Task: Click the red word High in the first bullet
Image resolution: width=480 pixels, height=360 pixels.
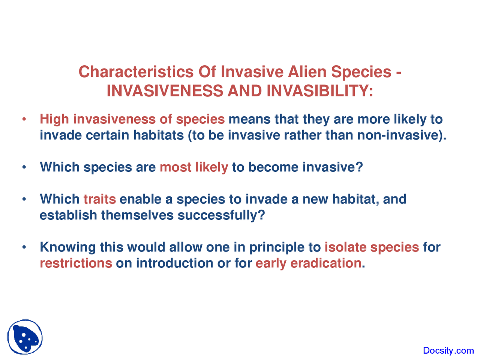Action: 54,119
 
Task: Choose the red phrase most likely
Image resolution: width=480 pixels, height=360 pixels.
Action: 194,167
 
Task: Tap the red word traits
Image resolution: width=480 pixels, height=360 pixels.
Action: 99,199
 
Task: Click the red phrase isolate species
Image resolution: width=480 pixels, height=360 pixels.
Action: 372,247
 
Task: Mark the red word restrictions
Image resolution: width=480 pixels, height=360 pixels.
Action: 76,263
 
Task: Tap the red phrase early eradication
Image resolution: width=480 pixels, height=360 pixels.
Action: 308,263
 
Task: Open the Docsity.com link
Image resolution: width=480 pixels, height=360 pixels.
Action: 448,351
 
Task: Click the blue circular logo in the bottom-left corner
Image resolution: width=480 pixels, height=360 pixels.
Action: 25,337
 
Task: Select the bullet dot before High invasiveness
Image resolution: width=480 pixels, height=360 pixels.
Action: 24,120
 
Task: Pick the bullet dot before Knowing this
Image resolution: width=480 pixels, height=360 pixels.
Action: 24,247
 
